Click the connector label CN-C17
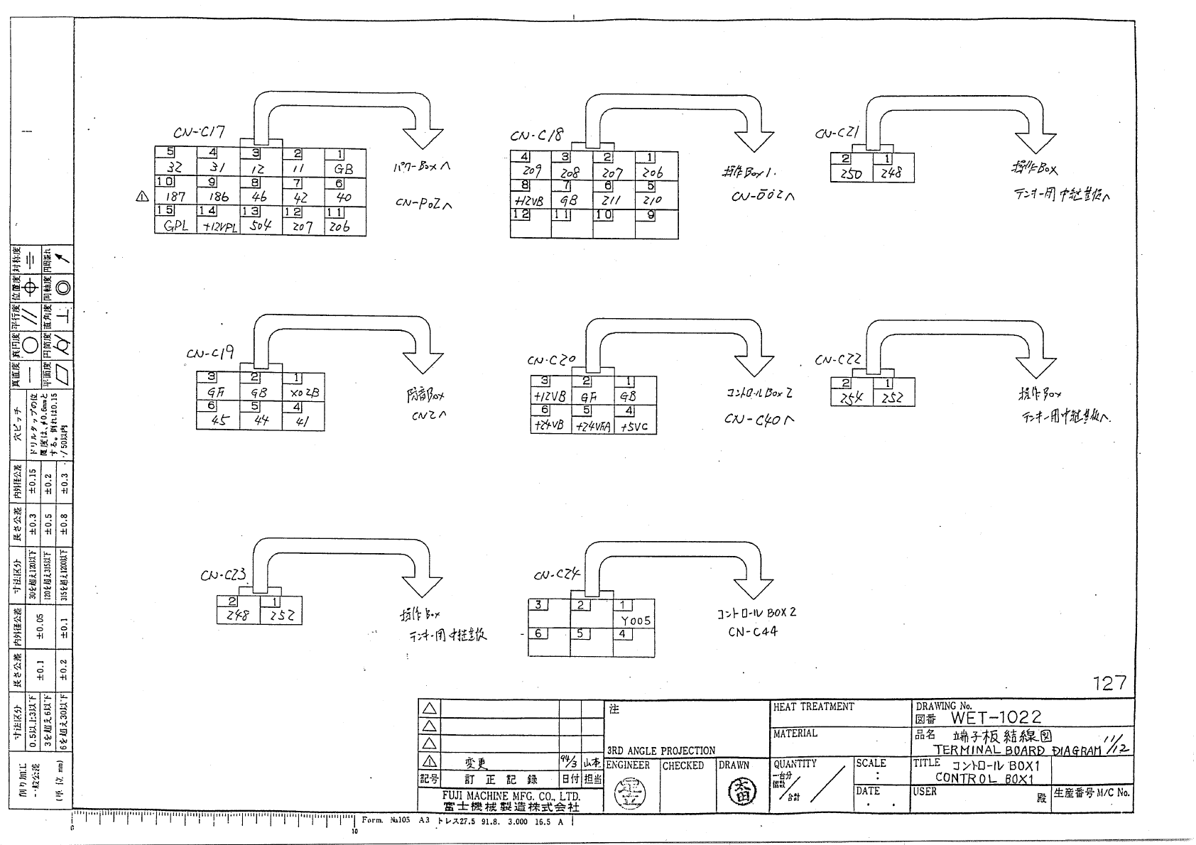199,132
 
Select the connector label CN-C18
536,135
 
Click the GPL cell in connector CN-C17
175,227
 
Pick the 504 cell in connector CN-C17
260,227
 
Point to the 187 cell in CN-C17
175,197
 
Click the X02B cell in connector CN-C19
305,391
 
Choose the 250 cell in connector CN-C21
851,173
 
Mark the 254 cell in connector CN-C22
851,398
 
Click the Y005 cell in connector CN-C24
635,620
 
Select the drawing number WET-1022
996,717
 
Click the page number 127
1109,683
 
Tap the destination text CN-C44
752,631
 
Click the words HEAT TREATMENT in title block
813,707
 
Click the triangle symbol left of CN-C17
142,197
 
